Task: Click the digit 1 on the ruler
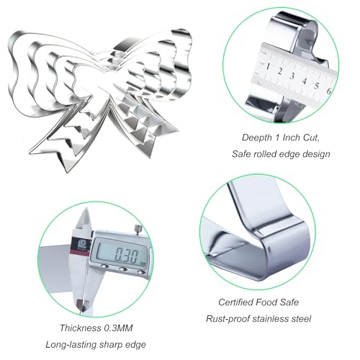[268, 66]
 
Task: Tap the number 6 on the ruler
[329, 91]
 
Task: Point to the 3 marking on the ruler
[292, 76]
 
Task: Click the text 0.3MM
[118, 328]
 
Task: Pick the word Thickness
[81, 328]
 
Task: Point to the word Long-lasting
[71, 345]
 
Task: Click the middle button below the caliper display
[123, 269]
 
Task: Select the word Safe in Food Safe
[289, 302]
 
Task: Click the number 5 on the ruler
[317, 86]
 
